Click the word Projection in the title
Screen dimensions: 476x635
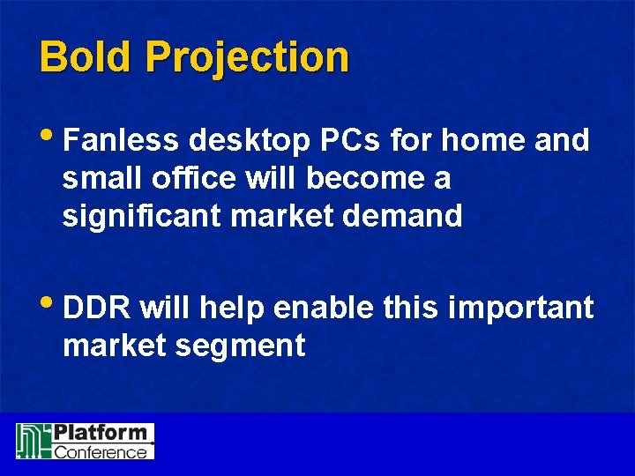pyautogui.click(x=248, y=58)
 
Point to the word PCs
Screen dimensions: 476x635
pyautogui.click(x=351, y=140)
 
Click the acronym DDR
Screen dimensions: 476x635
pyautogui.click(x=97, y=309)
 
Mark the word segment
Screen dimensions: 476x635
pyautogui.click(x=243, y=346)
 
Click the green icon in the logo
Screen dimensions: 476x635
pyautogui.click(x=32, y=441)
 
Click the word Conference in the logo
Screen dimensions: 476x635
pyautogui.click(x=101, y=451)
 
